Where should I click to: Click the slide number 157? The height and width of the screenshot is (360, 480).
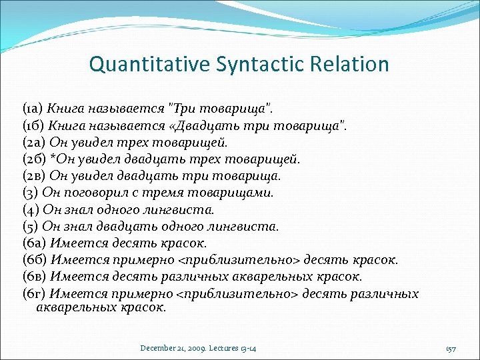coord(451,349)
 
